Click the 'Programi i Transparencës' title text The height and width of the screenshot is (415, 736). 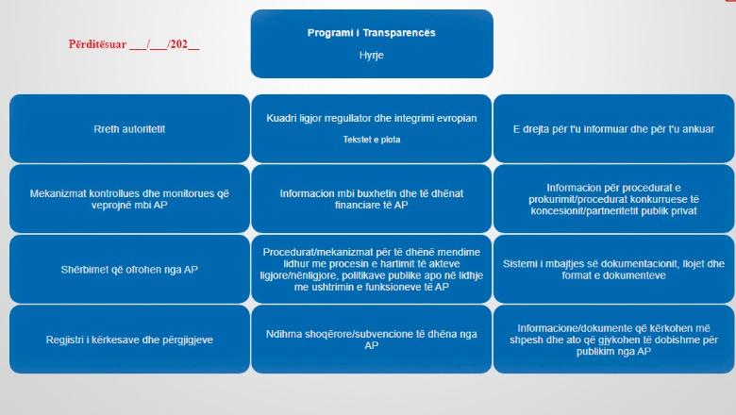click(x=371, y=33)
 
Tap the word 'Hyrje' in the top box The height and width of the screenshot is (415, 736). click(x=371, y=56)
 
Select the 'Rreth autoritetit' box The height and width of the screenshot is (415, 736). click(x=130, y=128)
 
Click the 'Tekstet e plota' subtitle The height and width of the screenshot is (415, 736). click(x=371, y=140)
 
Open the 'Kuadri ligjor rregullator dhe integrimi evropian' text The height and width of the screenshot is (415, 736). click(x=371, y=119)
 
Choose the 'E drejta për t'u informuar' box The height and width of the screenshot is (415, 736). click(x=613, y=128)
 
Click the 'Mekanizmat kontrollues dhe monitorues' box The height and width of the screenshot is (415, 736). click(x=130, y=199)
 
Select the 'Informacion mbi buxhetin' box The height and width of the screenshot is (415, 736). click(x=371, y=199)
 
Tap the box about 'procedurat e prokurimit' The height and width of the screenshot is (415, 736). click(x=613, y=199)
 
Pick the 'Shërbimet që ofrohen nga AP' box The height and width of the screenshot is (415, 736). click(x=130, y=270)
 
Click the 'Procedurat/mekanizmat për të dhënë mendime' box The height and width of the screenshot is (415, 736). click(x=371, y=270)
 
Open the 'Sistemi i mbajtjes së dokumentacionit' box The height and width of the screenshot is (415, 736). click(x=613, y=270)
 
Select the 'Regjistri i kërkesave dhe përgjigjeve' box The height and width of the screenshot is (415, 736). click(x=130, y=340)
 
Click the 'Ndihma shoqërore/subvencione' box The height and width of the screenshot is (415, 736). click(x=371, y=340)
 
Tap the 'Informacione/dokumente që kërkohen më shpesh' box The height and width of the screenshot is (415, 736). click(x=613, y=340)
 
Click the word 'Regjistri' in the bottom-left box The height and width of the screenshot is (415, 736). click(x=65, y=340)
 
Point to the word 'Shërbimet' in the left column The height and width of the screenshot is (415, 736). click(x=86, y=270)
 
